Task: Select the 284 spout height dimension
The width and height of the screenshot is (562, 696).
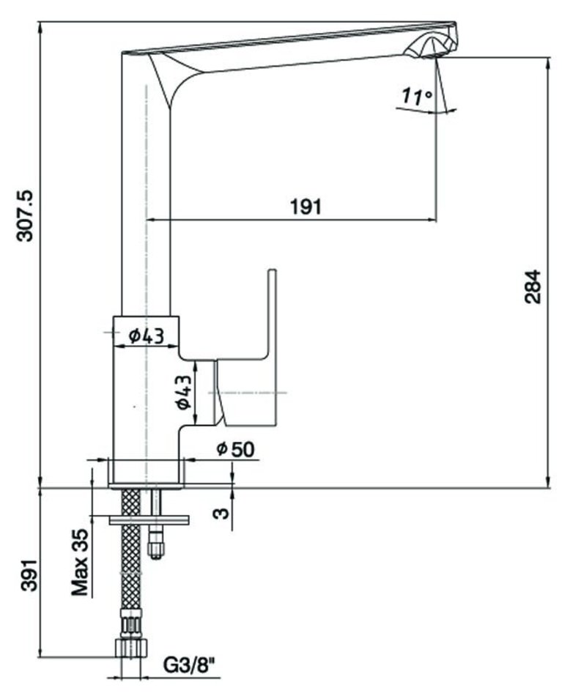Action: pyautogui.click(x=533, y=288)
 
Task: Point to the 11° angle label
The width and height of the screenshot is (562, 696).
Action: pyautogui.click(x=416, y=96)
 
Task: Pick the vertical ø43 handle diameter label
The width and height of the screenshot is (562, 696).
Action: pyautogui.click(x=184, y=392)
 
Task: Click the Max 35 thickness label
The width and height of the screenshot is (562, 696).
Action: pyautogui.click(x=81, y=563)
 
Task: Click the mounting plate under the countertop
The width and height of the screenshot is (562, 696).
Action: pyautogui.click(x=149, y=520)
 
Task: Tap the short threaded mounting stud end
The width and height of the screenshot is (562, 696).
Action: pyautogui.click(x=155, y=545)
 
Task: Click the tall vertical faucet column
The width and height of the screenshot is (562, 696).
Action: pyautogui.click(x=145, y=205)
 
